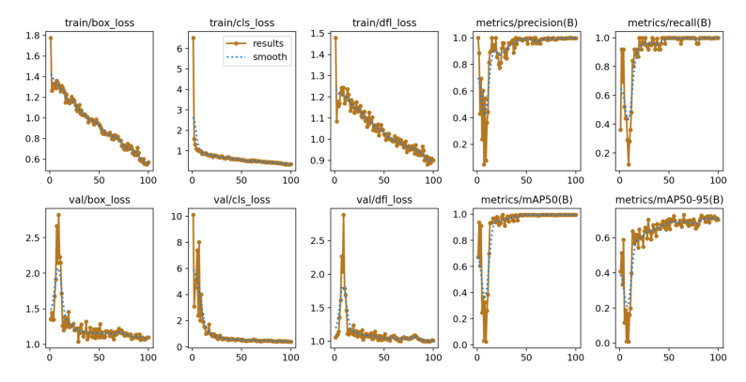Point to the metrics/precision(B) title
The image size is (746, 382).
click(x=526, y=22)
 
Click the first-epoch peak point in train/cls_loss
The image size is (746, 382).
click(x=193, y=38)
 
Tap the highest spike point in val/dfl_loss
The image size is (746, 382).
click(x=343, y=215)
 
